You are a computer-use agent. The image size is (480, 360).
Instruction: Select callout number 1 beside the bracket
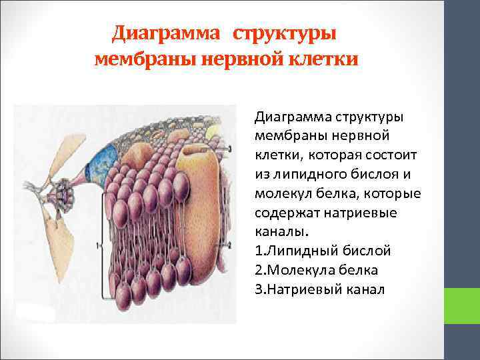tap(99, 245)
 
